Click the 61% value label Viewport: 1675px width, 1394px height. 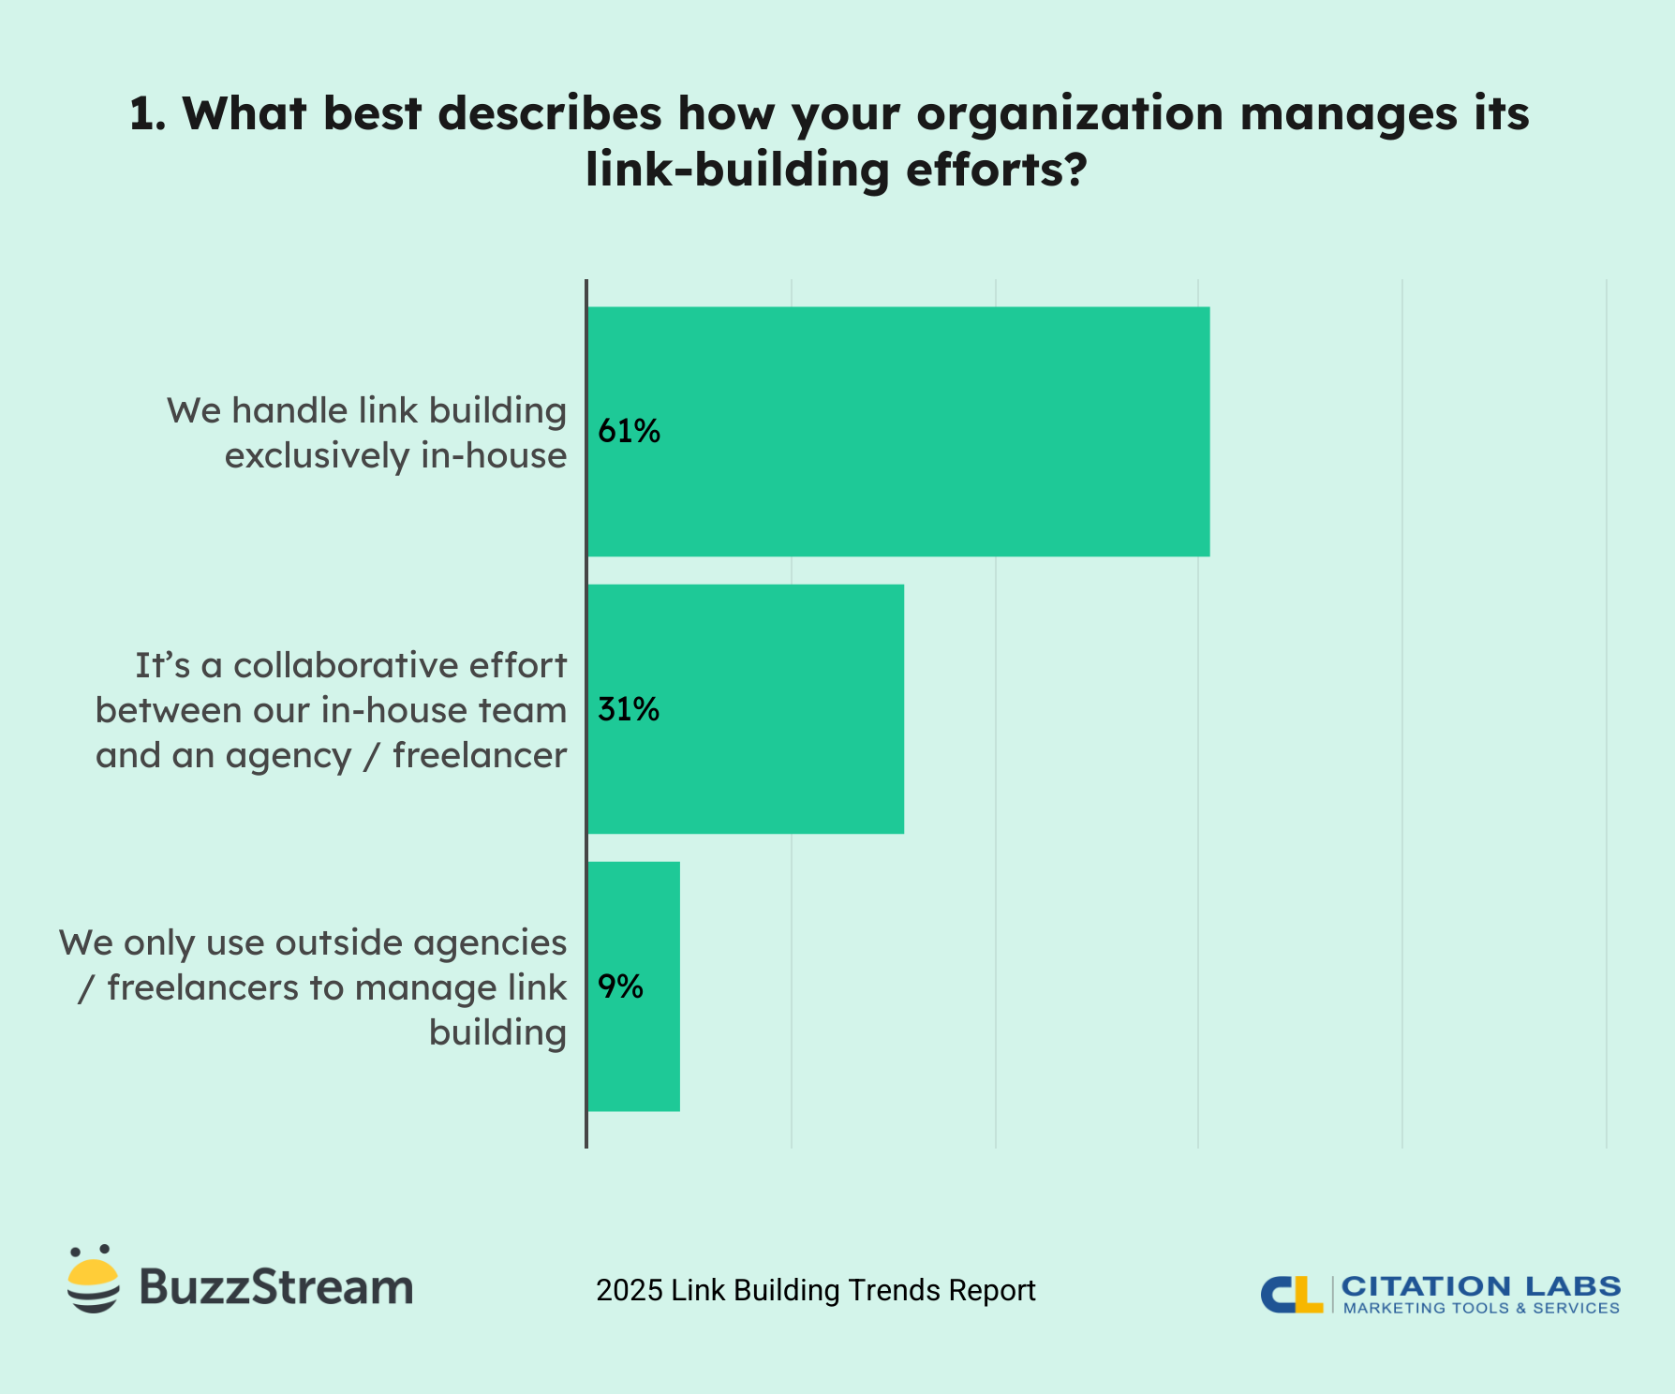[x=630, y=431]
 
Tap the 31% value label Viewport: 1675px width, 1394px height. [x=629, y=709]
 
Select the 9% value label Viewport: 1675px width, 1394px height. [x=620, y=986]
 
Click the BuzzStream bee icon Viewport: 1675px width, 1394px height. [x=93, y=1280]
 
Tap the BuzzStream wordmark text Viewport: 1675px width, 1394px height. [x=276, y=1287]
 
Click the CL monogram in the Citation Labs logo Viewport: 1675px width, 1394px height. [x=1291, y=1295]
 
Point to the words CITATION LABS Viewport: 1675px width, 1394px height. [x=1481, y=1286]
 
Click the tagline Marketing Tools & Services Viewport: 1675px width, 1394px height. [x=1481, y=1309]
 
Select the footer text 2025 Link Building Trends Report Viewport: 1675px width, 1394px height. [x=816, y=1290]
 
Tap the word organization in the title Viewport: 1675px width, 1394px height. [x=1070, y=114]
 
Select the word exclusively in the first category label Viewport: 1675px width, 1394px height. [x=317, y=456]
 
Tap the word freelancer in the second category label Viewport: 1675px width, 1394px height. [x=480, y=755]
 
